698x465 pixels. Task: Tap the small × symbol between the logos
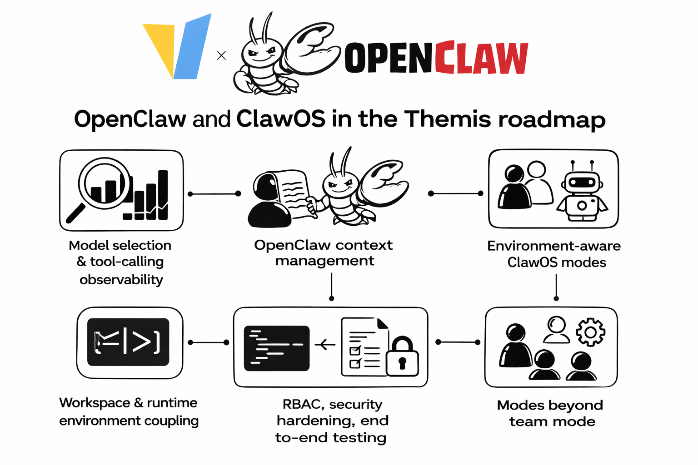coord(221,55)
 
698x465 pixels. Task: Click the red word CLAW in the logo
coord(481,58)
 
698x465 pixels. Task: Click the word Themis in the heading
coord(448,119)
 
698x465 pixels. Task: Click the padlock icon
coord(402,357)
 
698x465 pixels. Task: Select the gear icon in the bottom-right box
coord(590,332)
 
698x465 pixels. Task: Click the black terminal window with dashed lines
coord(276,348)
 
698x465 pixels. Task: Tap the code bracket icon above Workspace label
coord(128,342)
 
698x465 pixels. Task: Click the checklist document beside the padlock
coord(364,347)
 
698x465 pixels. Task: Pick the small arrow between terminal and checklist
coord(325,345)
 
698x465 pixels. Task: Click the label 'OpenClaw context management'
coord(324,252)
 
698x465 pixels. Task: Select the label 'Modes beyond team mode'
coord(550,413)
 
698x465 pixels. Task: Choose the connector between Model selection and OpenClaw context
coord(214,194)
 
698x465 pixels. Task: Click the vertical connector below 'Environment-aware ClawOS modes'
coord(556,287)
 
